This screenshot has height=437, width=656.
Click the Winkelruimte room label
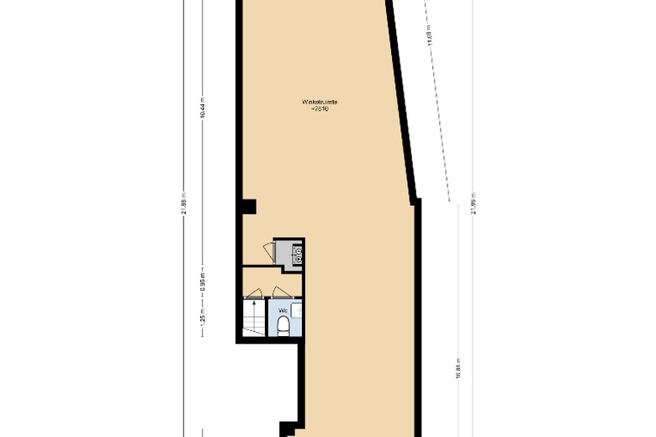tap(320, 102)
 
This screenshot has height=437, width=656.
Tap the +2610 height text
tap(320, 109)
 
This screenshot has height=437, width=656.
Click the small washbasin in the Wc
tap(298, 312)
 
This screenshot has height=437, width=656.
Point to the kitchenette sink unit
tap(298, 253)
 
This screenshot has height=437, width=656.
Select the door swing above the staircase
tap(252, 293)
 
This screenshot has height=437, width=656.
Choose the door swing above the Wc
tap(278, 293)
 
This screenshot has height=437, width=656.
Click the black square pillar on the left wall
tap(247, 205)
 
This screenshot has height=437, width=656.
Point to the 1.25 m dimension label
tap(203, 319)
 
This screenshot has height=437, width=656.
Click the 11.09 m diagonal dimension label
tap(430, 38)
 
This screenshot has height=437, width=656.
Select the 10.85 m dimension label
tap(458, 370)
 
